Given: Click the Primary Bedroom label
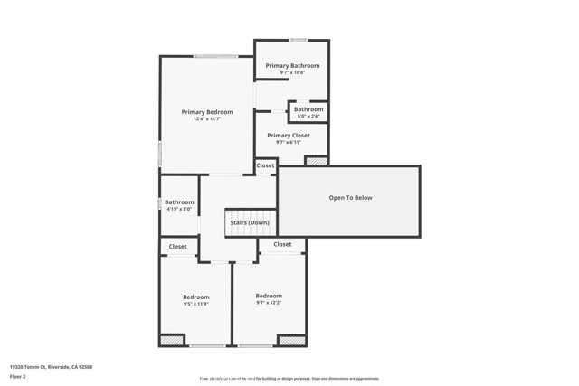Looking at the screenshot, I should click(x=207, y=112).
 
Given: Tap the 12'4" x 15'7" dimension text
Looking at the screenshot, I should click(x=207, y=119).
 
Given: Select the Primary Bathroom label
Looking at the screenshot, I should click(x=292, y=66).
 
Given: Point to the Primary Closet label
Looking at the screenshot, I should click(x=289, y=135).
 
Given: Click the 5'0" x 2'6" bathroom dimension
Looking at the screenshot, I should click(x=308, y=116).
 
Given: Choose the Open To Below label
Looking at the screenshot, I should click(x=350, y=198).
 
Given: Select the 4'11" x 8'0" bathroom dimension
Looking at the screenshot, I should click(x=179, y=210).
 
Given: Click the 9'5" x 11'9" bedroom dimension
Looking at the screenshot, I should click(x=196, y=304).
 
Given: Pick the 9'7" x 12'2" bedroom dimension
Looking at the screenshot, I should click(x=269, y=303).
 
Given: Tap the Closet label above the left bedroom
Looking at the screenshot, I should click(x=178, y=247).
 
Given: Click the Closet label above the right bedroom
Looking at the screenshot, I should click(x=282, y=244).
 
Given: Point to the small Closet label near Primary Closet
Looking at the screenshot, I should click(x=265, y=165).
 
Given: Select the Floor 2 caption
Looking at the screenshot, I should click(x=18, y=376).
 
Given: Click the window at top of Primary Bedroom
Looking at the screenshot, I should click(x=215, y=57).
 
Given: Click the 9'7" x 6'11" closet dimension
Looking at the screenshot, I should click(x=289, y=142).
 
